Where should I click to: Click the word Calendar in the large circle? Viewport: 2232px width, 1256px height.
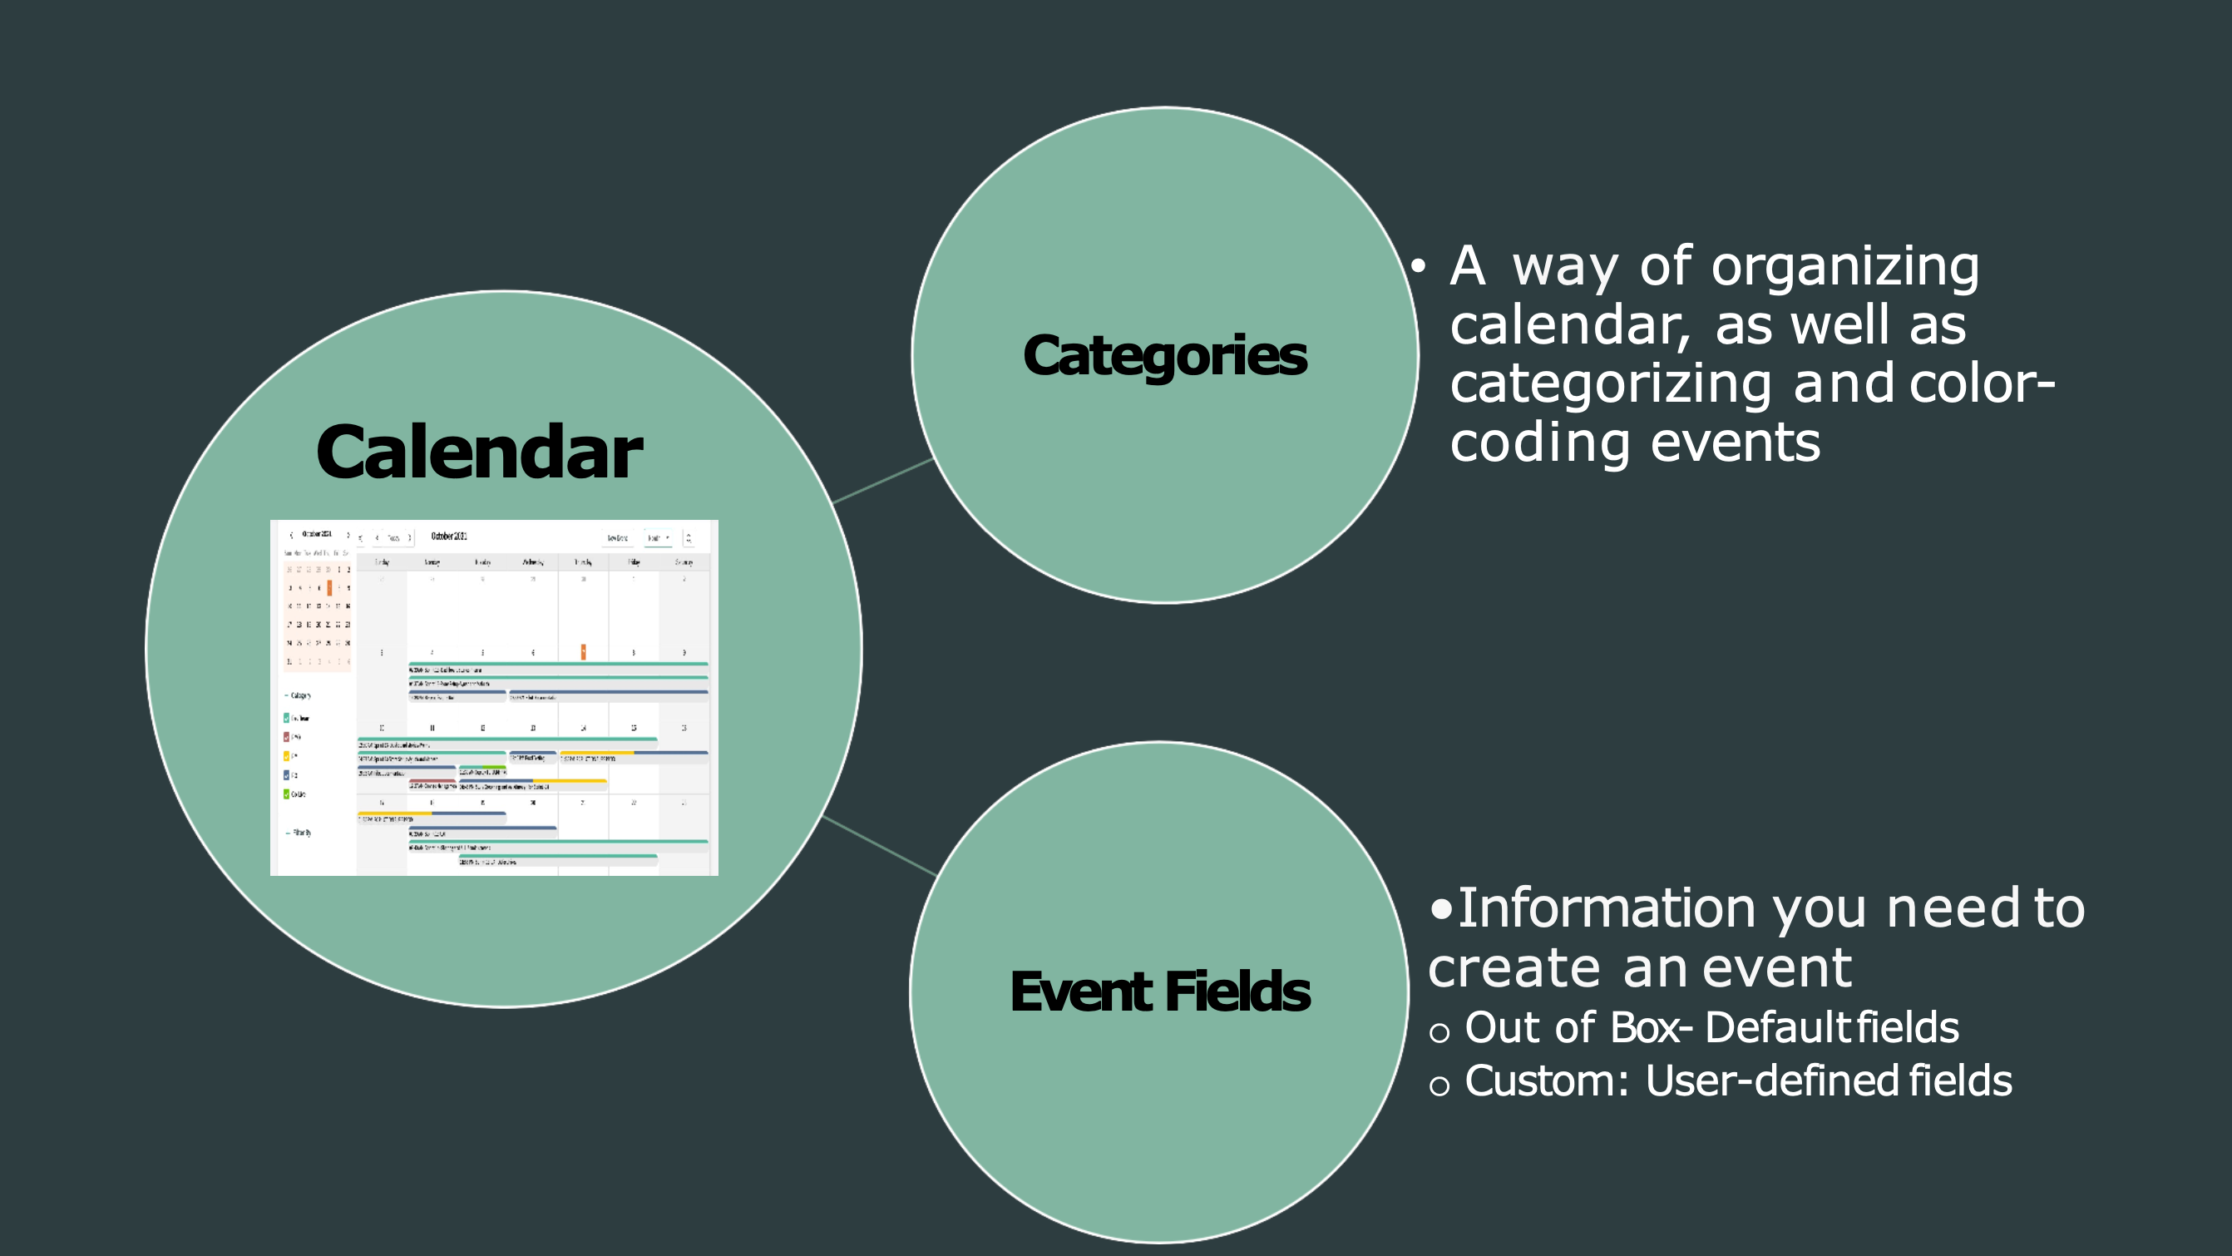click(478, 452)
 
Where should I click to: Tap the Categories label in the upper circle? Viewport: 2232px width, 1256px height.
click(1164, 355)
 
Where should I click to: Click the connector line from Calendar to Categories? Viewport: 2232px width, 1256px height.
click(882, 480)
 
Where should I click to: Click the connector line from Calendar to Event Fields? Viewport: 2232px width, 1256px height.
click(879, 845)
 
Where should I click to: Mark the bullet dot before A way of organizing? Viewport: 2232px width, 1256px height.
click(1418, 267)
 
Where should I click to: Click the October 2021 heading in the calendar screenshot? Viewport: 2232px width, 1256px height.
click(449, 537)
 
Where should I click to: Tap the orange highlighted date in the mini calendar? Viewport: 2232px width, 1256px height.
click(329, 589)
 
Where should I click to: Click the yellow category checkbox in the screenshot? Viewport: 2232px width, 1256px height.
click(287, 756)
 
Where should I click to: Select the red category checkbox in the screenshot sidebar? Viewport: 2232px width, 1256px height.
click(287, 737)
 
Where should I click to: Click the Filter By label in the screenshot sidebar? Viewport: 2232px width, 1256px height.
click(302, 833)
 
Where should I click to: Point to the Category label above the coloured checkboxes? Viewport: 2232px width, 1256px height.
click(301, 695)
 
